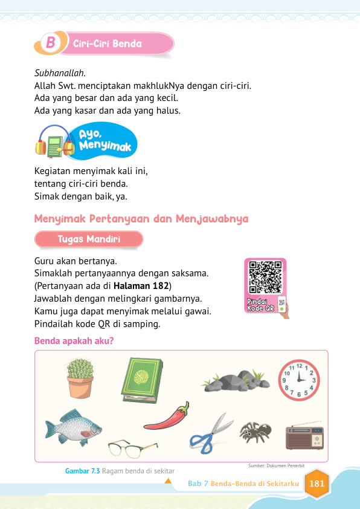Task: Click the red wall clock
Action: [x=298, y=380]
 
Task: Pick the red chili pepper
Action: [x=167, y=417]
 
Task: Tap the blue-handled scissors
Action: [x=211, y=433]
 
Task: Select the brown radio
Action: [x=304, y=438]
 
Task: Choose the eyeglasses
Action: [x=132, y=448]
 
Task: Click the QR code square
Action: [x=265, y=277]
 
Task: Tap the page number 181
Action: [x=317, y=484]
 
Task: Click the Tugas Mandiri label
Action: [x=89, y=239]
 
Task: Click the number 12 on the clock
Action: [x=299, y=366]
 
